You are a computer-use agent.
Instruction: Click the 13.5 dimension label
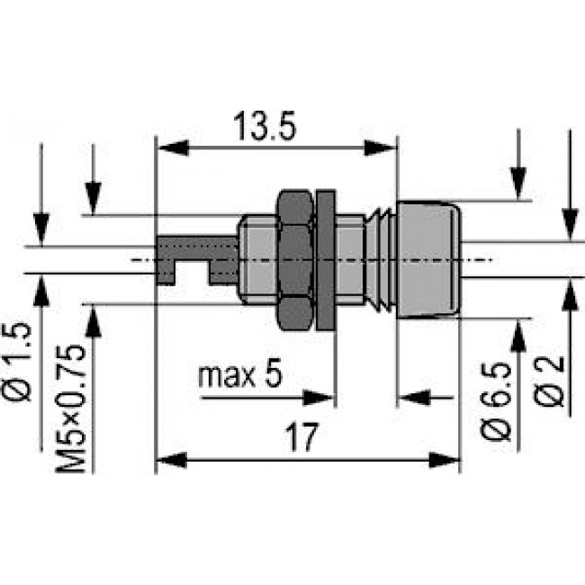263,127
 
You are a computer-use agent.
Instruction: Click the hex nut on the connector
293,258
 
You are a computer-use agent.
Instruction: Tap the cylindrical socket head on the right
428,259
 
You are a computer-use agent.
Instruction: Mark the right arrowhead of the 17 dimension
449,462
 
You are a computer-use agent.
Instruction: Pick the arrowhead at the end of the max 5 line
323,396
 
